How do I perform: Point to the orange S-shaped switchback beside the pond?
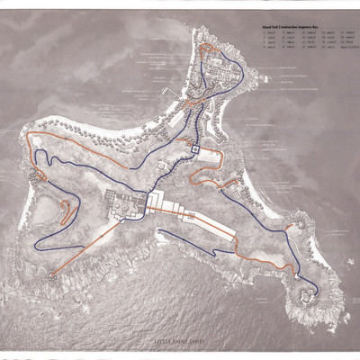click(x=65, y=212)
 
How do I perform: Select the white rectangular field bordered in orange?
click(x=209, y=157)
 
